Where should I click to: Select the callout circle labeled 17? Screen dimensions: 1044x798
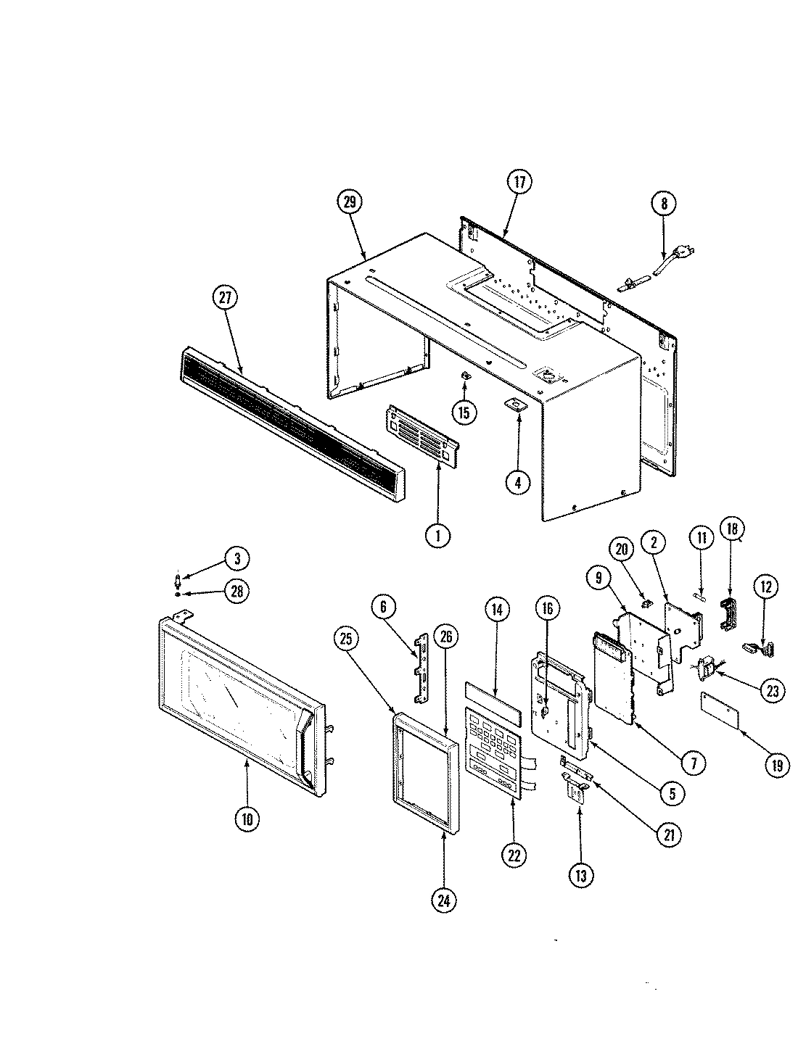(519, 182)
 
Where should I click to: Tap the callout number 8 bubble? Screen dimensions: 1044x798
(663, 204)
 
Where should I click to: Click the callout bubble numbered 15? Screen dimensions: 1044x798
(463, 413)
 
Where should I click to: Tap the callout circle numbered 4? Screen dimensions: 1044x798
(517, 482)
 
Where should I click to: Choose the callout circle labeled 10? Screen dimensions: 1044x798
(247, 819)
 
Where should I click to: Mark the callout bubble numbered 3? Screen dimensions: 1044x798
(236, 558)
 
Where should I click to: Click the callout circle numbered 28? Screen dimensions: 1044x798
(236, 592)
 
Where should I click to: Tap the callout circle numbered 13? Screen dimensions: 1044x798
(580, 875)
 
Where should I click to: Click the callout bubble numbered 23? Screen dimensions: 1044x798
(772, 691)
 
